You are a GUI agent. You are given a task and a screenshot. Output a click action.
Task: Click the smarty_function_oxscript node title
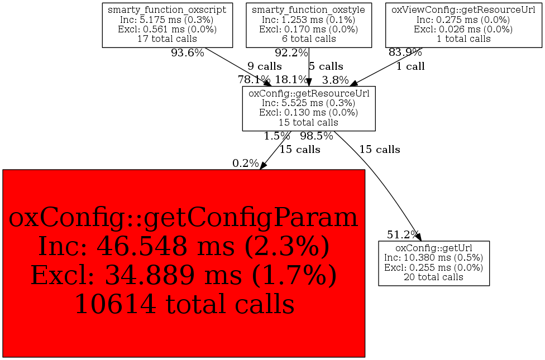coord(167,9)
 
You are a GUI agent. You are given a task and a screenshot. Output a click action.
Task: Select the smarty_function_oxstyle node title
coord(309,9)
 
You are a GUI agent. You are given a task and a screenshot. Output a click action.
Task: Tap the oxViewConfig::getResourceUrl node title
coord(463,9)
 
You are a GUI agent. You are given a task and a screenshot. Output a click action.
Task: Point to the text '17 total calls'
coord(167,39)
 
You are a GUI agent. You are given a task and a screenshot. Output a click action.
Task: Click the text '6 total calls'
coord(309,39)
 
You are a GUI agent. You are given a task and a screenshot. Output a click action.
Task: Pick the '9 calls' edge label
coord(265,66)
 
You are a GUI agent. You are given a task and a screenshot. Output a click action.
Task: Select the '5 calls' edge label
coord(326,66)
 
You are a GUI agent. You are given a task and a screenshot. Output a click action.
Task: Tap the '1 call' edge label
coord(410,66)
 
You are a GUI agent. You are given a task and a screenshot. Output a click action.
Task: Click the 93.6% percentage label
coord(188,53)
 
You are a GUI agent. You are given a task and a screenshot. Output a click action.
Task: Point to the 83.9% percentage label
coord(405,52)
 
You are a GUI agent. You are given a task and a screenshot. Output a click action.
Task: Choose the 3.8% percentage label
coord(336,80)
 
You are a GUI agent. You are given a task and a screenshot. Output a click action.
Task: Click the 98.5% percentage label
coord(317,136)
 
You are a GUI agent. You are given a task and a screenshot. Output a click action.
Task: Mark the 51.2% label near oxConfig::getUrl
coord(403,235)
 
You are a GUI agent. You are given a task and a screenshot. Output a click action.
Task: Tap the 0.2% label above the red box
coord(246,164)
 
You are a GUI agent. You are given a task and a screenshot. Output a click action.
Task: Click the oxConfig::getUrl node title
coord(434,248)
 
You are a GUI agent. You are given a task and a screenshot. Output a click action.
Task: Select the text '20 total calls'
coord(434,277)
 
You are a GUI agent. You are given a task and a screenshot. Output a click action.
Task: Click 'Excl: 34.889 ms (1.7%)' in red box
coord(184,275)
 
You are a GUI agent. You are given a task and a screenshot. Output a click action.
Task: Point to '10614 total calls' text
coord(185,304)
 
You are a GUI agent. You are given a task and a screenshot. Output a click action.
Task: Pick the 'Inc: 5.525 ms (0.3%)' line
coord(309,103)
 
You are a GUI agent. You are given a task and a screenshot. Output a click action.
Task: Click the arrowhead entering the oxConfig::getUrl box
coord(418,237)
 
